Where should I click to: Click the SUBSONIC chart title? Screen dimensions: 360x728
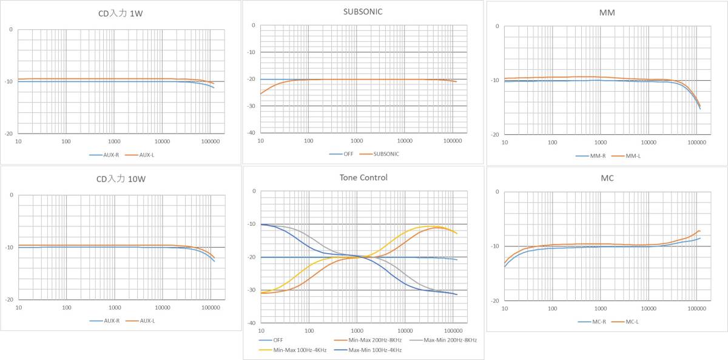coord(363,11)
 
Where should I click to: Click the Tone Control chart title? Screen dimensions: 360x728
coord(363,177)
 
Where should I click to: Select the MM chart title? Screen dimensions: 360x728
coord(606,12)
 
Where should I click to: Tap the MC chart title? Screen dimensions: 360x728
coord(606,178)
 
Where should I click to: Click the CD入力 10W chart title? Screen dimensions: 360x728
coord(121,179)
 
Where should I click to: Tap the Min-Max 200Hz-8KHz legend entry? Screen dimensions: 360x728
coord(367,340)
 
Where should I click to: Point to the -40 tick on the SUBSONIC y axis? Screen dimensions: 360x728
coord(250,133)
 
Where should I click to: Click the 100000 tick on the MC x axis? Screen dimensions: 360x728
coord(695,308)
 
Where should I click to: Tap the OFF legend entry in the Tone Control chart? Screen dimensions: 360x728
coord(277,340)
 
